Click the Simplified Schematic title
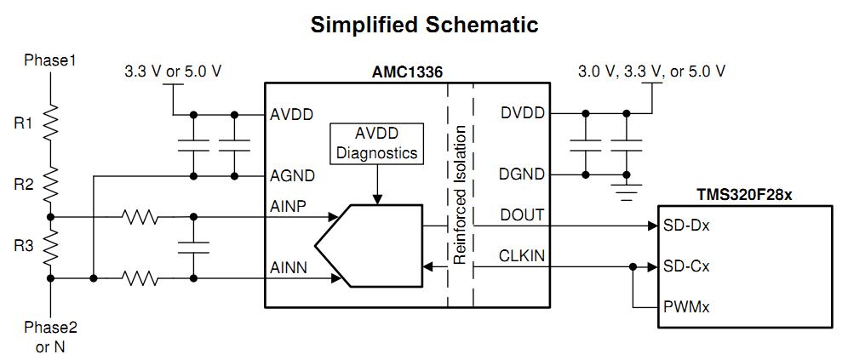coord(424,25)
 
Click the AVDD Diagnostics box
coord(377,143)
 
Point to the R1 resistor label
coord(23,123)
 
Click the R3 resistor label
coord(23,247)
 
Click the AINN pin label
coord(289,267)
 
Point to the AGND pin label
coord(292,176)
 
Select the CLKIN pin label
coord(522,256)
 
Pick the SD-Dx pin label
coord(686,226)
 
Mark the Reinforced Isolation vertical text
coord(460,195)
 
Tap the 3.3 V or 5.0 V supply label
coord(173,71)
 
